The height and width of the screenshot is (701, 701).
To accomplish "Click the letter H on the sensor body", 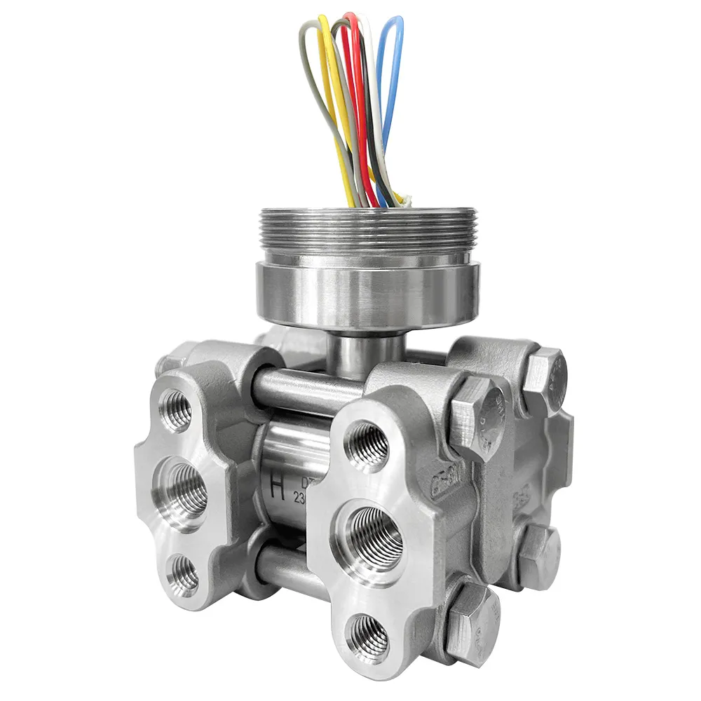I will pos(278,489).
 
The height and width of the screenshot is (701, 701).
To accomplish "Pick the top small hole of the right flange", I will pos(367,446).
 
